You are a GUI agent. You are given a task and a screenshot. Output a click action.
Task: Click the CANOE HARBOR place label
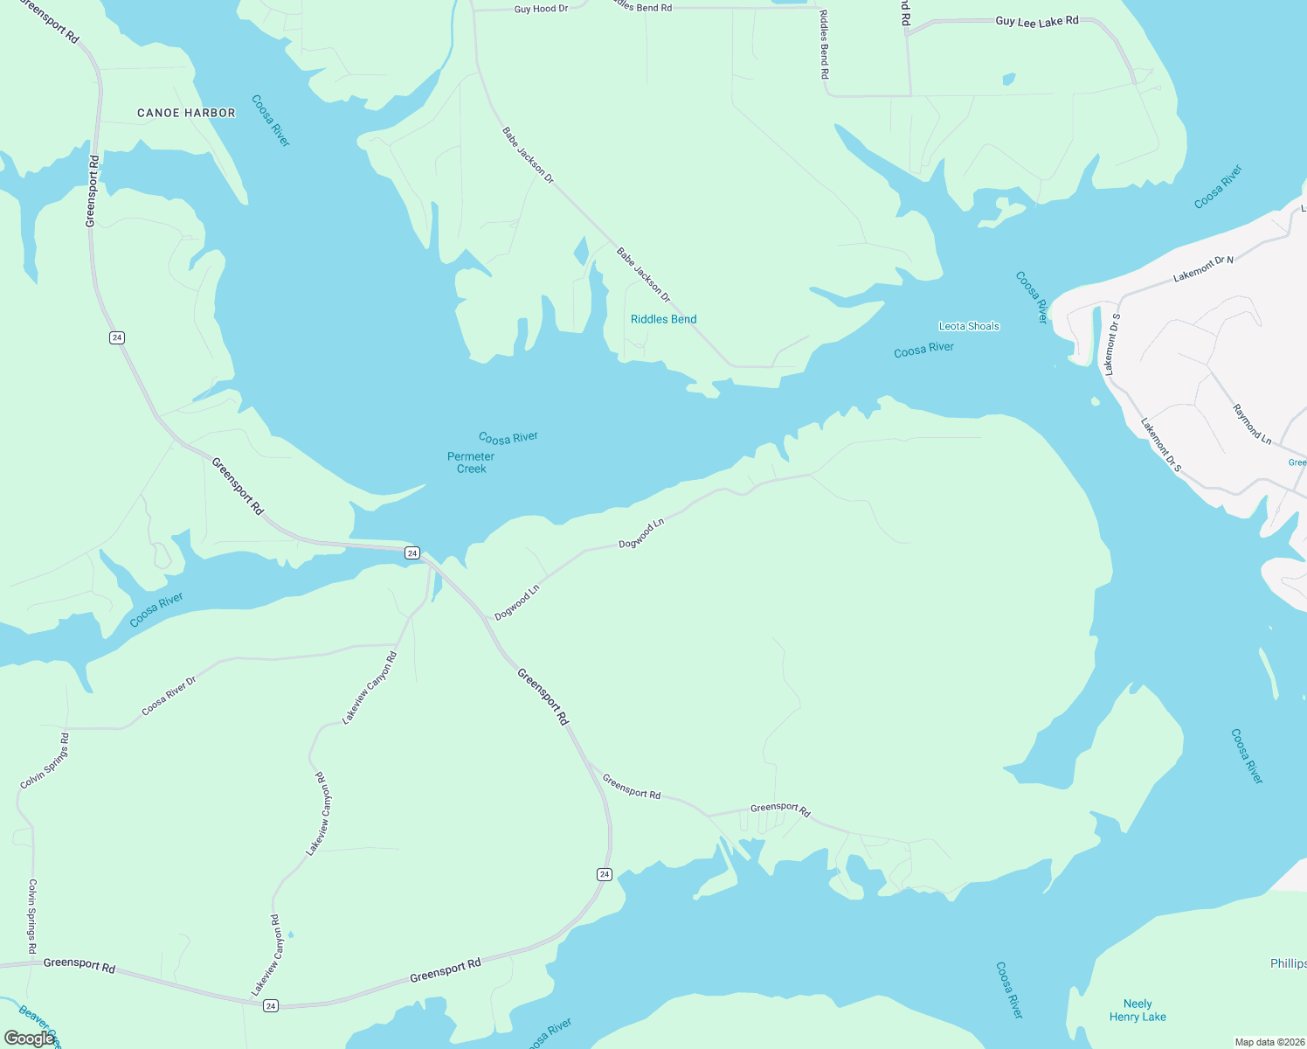[x=186, y=113]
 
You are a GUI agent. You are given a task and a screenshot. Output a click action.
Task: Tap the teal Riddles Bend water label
[x=664, y=319]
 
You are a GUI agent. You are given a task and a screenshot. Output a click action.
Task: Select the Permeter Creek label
[x=471, y=462]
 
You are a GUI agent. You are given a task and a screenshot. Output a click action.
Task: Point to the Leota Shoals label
[x=969, y=326]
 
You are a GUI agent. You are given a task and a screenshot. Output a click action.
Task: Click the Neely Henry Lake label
[x=1138, y=1010]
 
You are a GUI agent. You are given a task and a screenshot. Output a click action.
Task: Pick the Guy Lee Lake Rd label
[x=1037, y=21]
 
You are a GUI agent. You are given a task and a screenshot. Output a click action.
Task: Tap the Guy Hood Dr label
[x=541, y=9]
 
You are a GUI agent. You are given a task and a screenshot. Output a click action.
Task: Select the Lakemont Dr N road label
[x=1203, y=268]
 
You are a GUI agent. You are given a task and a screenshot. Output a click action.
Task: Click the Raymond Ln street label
[x=1252, y=422]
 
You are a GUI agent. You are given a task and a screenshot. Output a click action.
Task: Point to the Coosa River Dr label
[x=169, y=695]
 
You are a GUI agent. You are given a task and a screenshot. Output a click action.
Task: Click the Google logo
[x=30, y=1039]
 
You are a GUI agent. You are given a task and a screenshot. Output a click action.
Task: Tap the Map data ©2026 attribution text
[x=1269, y=1042]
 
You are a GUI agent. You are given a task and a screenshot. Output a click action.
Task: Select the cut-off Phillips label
[x=1289, y=963]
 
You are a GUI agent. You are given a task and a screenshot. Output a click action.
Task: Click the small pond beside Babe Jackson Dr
[x=581, y=252]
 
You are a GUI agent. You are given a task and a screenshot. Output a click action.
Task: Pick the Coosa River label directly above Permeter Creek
[x=508, y=437]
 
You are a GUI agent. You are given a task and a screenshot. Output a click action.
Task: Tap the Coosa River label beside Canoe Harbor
[x=271, y=121]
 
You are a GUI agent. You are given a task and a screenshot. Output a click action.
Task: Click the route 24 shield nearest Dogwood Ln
[x=412, y=552]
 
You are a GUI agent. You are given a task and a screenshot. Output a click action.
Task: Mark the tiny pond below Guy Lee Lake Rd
[x=1009, y=79]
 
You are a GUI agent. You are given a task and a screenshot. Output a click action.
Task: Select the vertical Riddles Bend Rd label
[x=824, y=45]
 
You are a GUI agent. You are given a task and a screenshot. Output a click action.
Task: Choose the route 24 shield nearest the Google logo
[x=271, y=1006]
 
